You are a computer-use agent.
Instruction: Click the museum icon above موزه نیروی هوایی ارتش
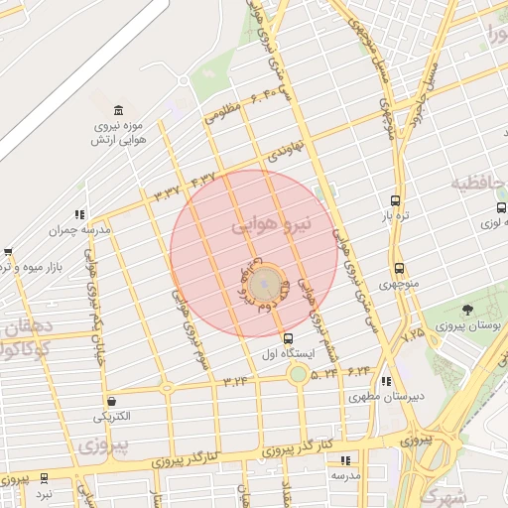click(118, 109)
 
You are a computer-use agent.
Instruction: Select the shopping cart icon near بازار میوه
click(8, 252)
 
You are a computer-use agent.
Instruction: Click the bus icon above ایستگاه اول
click(289, 338)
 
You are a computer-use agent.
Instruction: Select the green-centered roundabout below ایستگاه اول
click(298, 374)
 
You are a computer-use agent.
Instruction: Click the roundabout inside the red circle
click(264, 286)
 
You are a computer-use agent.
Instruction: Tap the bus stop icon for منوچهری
click(399, 269)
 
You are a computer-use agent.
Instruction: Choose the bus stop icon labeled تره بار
click(396, 200)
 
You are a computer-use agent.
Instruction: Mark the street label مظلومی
click(222, 111)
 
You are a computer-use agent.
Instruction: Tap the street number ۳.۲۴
click(236, 380)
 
